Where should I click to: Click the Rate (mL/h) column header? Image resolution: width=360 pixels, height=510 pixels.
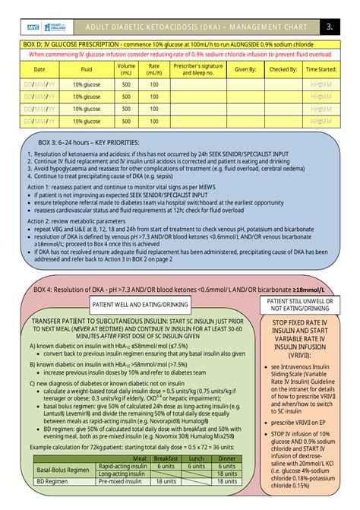[x=154, y=69]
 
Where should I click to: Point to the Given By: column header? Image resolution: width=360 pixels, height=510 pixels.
[x=245, y=69]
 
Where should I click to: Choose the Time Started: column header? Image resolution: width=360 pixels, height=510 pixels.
[x=321, y=69]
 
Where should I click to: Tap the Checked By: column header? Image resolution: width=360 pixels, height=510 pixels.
[x=283, y=69]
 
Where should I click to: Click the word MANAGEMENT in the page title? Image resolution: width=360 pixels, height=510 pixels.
[x=245, y=26]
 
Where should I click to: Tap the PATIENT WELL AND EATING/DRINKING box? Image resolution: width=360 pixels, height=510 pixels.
[x=142, y=304]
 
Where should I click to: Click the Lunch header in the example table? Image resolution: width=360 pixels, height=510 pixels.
[x=197, y=458]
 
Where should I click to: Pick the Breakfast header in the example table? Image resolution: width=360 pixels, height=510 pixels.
[x=166, y=458]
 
